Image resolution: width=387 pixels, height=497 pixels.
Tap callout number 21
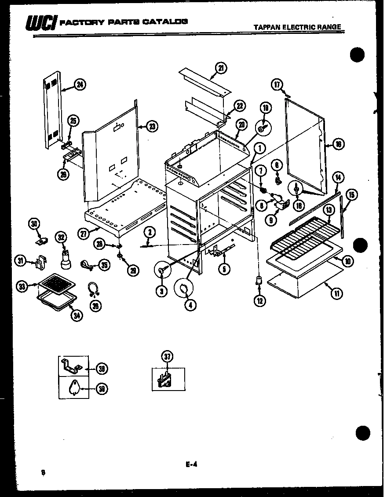pos(221,68)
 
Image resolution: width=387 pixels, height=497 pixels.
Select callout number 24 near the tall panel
pos(79,85)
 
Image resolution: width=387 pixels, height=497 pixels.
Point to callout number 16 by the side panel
pos(338,144)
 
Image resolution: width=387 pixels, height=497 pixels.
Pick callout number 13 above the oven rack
pos(328,210)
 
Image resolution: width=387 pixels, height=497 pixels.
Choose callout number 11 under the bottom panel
pos(337,294)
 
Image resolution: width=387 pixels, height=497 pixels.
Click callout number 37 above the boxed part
pos(167,356)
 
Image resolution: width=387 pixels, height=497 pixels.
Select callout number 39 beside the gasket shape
pos(102,389)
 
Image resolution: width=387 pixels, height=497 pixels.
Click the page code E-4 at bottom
pos(190,462)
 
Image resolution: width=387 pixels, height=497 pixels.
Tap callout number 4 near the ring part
pos(190,304)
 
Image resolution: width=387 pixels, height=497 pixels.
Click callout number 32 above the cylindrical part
pos(61,238)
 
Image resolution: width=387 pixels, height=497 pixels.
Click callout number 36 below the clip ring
pos(95,305)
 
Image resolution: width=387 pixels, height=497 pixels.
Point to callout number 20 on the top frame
pos(241,124)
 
